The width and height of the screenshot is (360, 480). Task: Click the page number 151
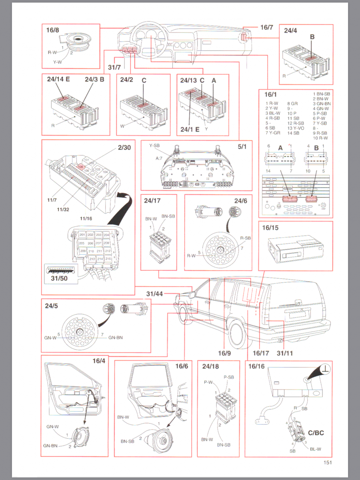click(x=328, y=463)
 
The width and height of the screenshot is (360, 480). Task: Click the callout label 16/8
click(x=52, y=30)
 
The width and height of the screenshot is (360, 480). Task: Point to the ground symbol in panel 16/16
click(x=326, y=369)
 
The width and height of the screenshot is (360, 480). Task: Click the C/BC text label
click(x=316, y=432)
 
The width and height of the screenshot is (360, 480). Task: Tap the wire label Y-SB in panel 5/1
click(x=154, y=146)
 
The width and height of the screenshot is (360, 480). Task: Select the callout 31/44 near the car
click(x=154, y=294)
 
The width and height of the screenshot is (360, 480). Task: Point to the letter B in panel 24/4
click(x=312, y=37)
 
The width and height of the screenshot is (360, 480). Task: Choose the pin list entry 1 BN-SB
click(x=321, y=94)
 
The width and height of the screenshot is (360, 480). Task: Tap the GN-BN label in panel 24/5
click(x=115, y=337)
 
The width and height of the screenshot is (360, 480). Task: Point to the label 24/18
click(x=210, y=366)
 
